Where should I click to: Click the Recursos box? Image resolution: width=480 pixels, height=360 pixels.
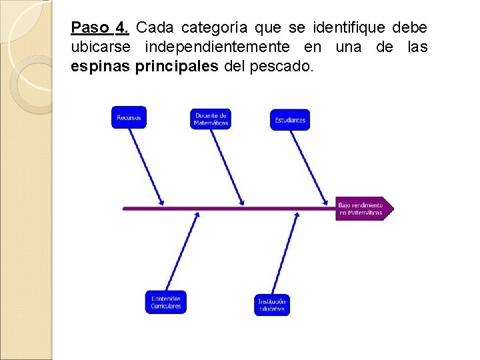click(129, 117)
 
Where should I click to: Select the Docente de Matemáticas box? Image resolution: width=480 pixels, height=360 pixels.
click(211, 119)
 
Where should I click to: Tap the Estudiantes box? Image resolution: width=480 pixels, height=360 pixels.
click(290, 120)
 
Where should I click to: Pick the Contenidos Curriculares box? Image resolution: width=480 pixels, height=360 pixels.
click(166, 302)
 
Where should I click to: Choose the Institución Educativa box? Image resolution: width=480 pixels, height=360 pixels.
click(272, 305)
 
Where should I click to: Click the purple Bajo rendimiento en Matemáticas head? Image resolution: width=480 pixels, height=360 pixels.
click(363, 209)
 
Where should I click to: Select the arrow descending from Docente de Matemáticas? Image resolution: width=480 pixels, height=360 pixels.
click(228, 167)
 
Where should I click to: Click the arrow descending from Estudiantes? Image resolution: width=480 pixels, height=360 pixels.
click(309, 167)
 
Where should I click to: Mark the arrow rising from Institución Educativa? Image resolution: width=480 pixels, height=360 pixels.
click(285, 254)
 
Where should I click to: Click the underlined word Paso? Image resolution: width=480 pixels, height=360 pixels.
click(91, 29)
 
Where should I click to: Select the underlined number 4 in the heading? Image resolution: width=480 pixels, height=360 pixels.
click(121, 29)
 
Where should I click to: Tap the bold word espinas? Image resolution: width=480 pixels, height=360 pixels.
click(101, 67)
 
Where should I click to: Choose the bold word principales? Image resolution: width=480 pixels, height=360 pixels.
click(176, 67)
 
